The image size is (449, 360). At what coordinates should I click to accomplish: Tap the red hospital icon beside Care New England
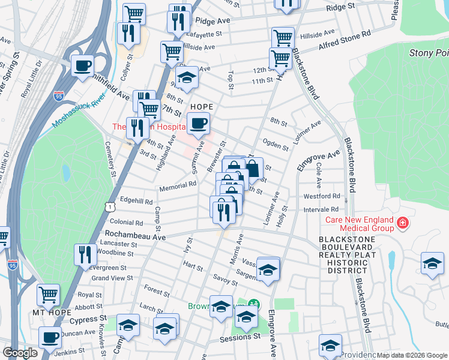tap(402, 224)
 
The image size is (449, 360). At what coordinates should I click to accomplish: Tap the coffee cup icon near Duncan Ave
tap(50, 337)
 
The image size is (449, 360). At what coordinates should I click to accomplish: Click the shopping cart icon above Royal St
tap(48, 295)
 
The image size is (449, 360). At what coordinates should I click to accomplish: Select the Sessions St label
tap(241, 337)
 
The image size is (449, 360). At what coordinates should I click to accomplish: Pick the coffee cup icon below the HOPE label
tap(199, 124)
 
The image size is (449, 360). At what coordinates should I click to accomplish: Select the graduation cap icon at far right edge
tap(432, 264)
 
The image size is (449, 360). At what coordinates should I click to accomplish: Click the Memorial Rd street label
tap(178, 188)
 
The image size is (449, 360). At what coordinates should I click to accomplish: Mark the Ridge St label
tap(340, 8)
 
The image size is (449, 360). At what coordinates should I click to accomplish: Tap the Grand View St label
tap(112, 278)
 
